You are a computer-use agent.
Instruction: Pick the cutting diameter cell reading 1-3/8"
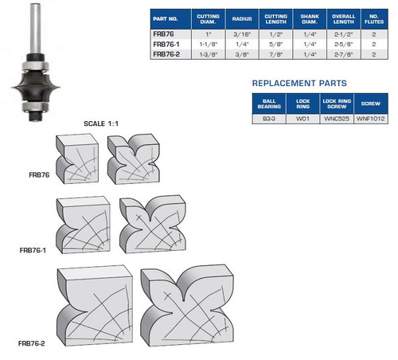pos(208,54)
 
